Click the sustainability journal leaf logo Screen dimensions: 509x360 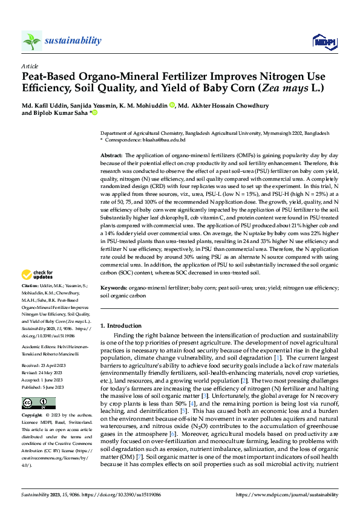[31, 41]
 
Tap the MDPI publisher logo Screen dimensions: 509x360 [322, 41]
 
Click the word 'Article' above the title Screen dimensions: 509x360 [29, 65]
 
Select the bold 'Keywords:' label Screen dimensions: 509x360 [114, 289]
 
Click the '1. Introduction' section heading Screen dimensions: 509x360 [123, 325]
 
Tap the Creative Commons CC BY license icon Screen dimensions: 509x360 [38, 403]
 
